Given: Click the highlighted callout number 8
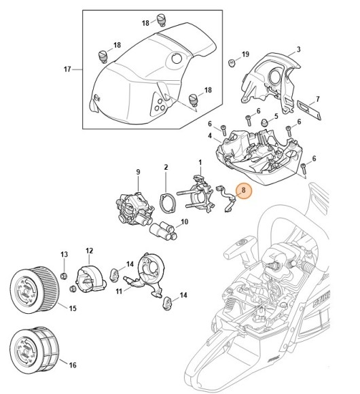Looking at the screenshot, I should tap(243, 192).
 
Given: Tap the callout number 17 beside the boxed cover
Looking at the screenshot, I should tap(67, 69).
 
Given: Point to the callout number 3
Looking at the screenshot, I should tap(298, 50).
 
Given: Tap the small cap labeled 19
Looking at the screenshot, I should tap(232, 64).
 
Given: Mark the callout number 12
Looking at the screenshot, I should tap(88, 251).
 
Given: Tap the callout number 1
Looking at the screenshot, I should tap(200, 162).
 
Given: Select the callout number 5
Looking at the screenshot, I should tap(276, 117).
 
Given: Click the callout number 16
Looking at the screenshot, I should tap(73, 365).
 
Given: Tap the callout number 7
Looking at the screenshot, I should tap(318, 99).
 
